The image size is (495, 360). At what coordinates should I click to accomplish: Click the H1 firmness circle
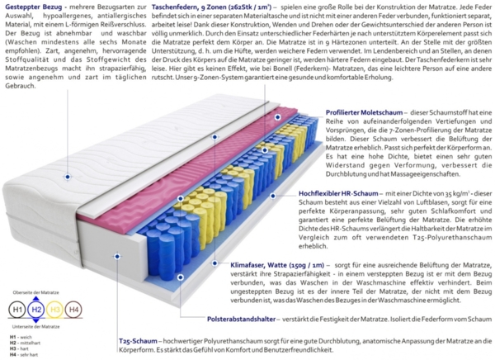pos(16,310)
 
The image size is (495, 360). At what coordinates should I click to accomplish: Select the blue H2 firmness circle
pos(35,310)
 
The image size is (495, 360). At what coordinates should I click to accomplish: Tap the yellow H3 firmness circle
pos(55,310)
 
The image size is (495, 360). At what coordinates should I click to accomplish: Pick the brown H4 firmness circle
pos(74,310)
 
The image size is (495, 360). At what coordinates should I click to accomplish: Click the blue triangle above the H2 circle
pos(35,298)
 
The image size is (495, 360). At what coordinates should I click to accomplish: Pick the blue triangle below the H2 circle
pos(35,322)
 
